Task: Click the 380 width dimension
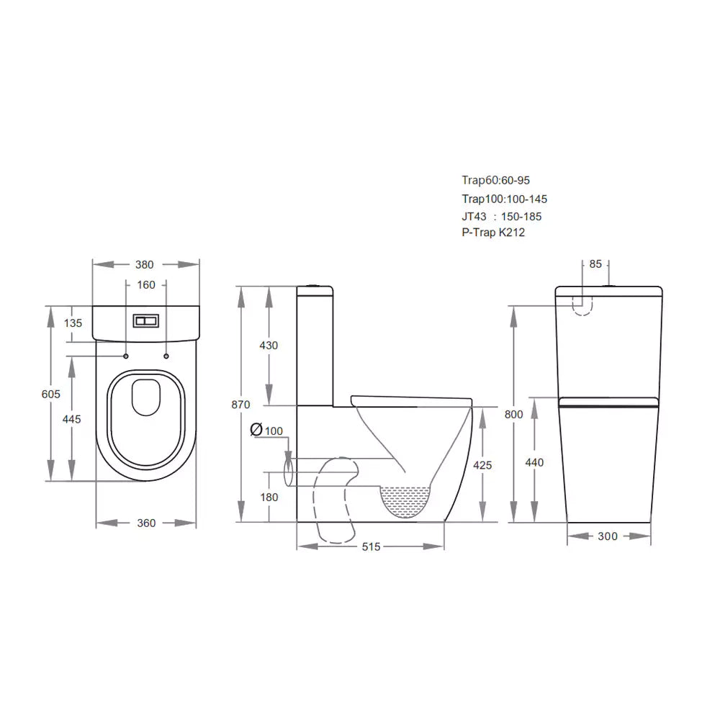[x=145, y=264]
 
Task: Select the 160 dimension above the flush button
[x=145, y=285]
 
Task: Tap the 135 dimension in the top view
[x=73, y=323]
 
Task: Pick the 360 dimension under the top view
[x=146, y=523]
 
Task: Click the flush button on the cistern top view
[x=145, y=320]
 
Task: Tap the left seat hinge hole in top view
[x=126, y=356]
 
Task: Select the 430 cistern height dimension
[x=269, y=346]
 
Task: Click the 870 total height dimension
[x=240, y=405]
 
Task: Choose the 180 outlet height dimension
[x=269, y=498]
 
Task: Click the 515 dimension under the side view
[x=371, y=547]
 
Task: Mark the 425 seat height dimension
[x=482, y=465]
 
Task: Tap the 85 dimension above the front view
[x=595, y=264]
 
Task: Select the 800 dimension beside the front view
[x=514, y=415]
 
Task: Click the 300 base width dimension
[x=608, y=536]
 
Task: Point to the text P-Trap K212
[x=493, y=233]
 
